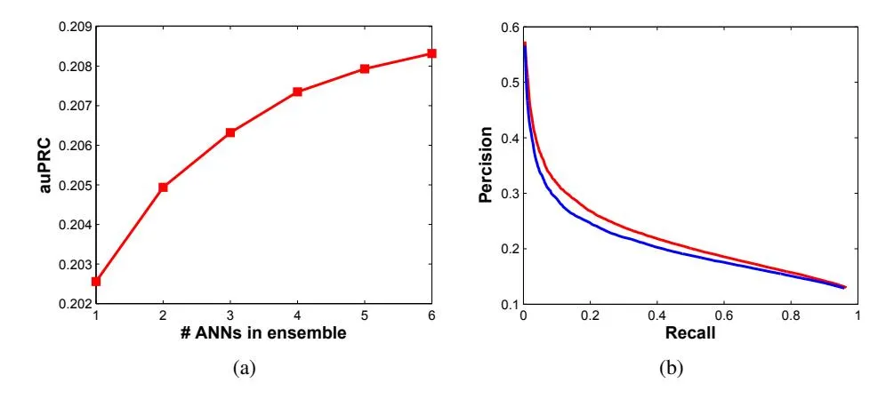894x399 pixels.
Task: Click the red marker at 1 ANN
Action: [x=96, y=281]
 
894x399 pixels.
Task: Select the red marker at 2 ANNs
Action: [x=163, y=188]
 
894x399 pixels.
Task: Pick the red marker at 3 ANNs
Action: [x=230, y=132]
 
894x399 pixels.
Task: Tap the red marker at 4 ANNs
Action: [x=297, y=92]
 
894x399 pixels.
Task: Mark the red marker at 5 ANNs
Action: [x=365, y=68]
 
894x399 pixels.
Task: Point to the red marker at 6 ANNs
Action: [x=431, y=53]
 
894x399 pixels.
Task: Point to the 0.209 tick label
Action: [x=74, y=27]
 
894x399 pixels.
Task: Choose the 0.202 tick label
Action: [x=74, y=304]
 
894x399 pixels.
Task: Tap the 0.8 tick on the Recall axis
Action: [x=790, y=315]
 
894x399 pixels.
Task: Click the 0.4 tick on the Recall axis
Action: [x=656, y=315]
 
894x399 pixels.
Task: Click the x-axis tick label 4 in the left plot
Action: [x=297, y=315]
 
